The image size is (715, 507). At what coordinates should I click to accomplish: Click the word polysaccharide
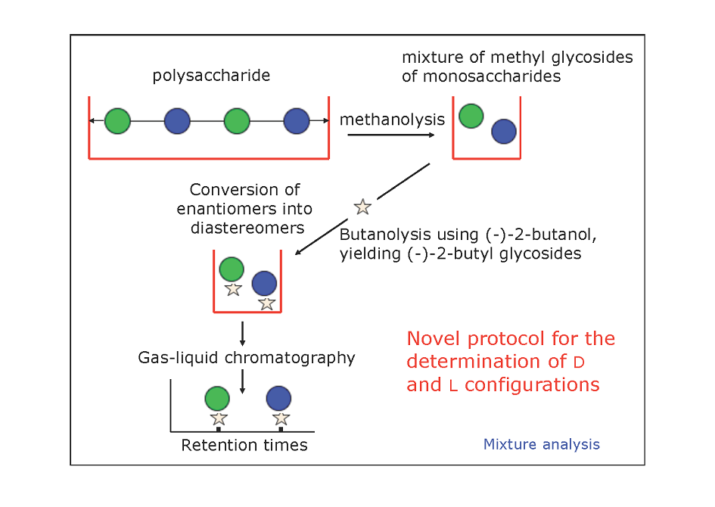pos(211,76)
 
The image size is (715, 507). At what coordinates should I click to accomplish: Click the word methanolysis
pos(392,120)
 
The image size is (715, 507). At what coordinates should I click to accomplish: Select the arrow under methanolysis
pos(390,135)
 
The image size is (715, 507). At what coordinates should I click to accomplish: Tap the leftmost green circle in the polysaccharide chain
pos(117,121)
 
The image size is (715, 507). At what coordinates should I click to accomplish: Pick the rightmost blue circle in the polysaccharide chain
pos(297,121)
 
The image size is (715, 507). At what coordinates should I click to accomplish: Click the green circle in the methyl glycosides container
pos(471,116)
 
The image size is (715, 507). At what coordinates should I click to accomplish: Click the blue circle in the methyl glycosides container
pos(504,132)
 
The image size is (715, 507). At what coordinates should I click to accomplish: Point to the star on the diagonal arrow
pos(363,207)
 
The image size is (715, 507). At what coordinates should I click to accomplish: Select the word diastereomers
pos(247,228)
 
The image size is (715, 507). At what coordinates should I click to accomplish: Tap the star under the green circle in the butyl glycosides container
pos(234,289)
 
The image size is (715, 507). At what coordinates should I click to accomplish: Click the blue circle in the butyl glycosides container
pos(265,283)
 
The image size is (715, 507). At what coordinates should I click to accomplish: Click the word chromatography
pos(290,359)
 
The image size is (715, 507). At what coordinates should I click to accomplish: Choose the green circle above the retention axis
pos(217,399)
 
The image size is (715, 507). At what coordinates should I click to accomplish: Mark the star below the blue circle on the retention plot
pos(281,418)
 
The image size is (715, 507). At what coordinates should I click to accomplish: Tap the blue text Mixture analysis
pos(542,444)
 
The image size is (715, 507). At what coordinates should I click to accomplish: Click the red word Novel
pos(434,339)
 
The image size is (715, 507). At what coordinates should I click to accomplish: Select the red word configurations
pos(532,385)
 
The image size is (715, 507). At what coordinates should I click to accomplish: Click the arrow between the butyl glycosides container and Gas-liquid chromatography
pos(243,334)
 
